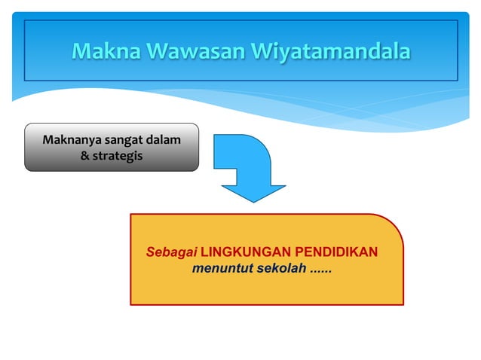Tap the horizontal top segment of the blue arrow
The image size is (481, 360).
[234, 143]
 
